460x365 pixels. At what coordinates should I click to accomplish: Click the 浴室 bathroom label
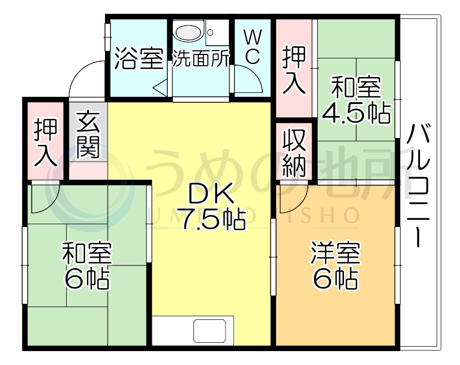click(x=138, y=59)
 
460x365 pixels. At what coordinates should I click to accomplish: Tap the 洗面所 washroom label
click(x=200, y=59)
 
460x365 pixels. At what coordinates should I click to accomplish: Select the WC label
click(x=252, y=47)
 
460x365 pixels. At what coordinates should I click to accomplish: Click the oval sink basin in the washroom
click(x=189, y=32)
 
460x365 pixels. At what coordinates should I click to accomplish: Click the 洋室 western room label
click(x=336, y=255)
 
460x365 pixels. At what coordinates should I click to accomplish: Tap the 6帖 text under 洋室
click(x=336, y=279)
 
